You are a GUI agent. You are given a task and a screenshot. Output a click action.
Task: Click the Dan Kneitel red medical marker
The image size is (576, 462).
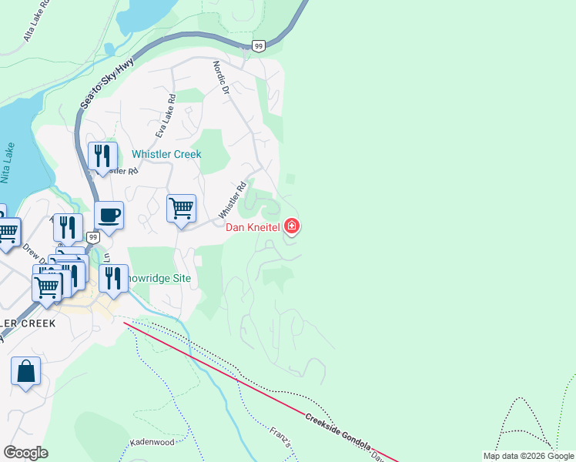[292, 226]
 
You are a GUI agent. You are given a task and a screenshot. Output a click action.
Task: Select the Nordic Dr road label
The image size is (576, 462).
[222, 79]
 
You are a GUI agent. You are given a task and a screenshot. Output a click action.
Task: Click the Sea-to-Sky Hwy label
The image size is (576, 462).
[108, 83]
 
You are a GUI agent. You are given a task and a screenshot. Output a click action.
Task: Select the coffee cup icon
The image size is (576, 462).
[109, 215]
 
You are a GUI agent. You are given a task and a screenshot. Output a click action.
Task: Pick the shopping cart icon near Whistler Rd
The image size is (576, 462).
[181, 208]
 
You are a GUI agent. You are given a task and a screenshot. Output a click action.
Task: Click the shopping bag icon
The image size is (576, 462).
[25, 371]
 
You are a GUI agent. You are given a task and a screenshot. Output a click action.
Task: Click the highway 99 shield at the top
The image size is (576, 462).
[259, 46]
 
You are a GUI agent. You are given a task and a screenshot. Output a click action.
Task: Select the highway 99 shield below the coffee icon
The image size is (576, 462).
[92, 238]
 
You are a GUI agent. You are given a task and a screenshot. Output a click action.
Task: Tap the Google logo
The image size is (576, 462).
[25, 453]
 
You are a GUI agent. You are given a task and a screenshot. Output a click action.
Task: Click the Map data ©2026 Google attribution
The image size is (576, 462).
[528, 456]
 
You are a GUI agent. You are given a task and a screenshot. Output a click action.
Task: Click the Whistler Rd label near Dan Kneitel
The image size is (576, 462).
[233, 198]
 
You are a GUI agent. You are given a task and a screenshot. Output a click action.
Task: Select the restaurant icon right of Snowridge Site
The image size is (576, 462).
[113, 278]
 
